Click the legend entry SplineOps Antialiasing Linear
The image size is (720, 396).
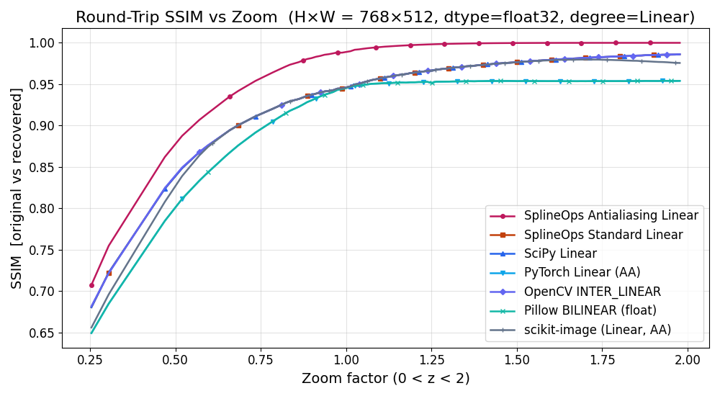click(x=611, y=215)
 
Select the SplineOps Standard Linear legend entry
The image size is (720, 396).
click(x=603, y=235)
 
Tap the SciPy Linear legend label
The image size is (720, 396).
click(x=560, y=253)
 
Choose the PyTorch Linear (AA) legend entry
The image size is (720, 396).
click(x=582, y=273)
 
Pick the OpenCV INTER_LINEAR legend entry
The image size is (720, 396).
click(x=593, y=292)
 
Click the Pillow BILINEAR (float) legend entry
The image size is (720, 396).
click(x=590, y=311)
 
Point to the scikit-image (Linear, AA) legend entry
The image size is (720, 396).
click(x=598, y=330)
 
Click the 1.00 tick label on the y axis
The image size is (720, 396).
click(x=40, y=43)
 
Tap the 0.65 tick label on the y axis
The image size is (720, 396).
click(x=40, y=333)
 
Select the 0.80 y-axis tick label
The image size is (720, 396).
click(x=40, y=209)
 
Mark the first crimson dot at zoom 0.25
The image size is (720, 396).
click(x=91, y=285)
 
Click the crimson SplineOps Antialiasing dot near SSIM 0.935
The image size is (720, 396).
click(x=230, y=96)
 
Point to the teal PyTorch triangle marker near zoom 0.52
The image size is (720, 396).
click(x=182, y=199)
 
